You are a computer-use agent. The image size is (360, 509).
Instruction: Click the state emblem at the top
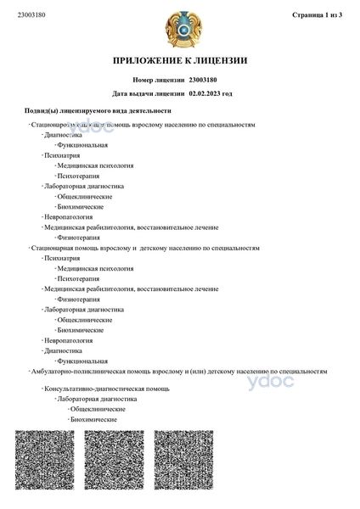coord(180,26)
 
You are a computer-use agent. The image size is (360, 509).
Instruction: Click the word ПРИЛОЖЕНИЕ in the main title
coord(153,62)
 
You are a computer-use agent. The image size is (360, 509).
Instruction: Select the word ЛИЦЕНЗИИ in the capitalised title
coord(222,62)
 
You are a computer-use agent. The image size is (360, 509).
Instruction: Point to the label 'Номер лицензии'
coord(159,79)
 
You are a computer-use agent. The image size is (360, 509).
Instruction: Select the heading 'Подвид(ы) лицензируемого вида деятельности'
coord(98,111)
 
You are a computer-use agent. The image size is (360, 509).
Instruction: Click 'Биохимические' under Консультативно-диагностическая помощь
coord(93,419)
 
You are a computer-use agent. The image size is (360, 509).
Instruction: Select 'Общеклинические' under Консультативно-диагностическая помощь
coord(97,409)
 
